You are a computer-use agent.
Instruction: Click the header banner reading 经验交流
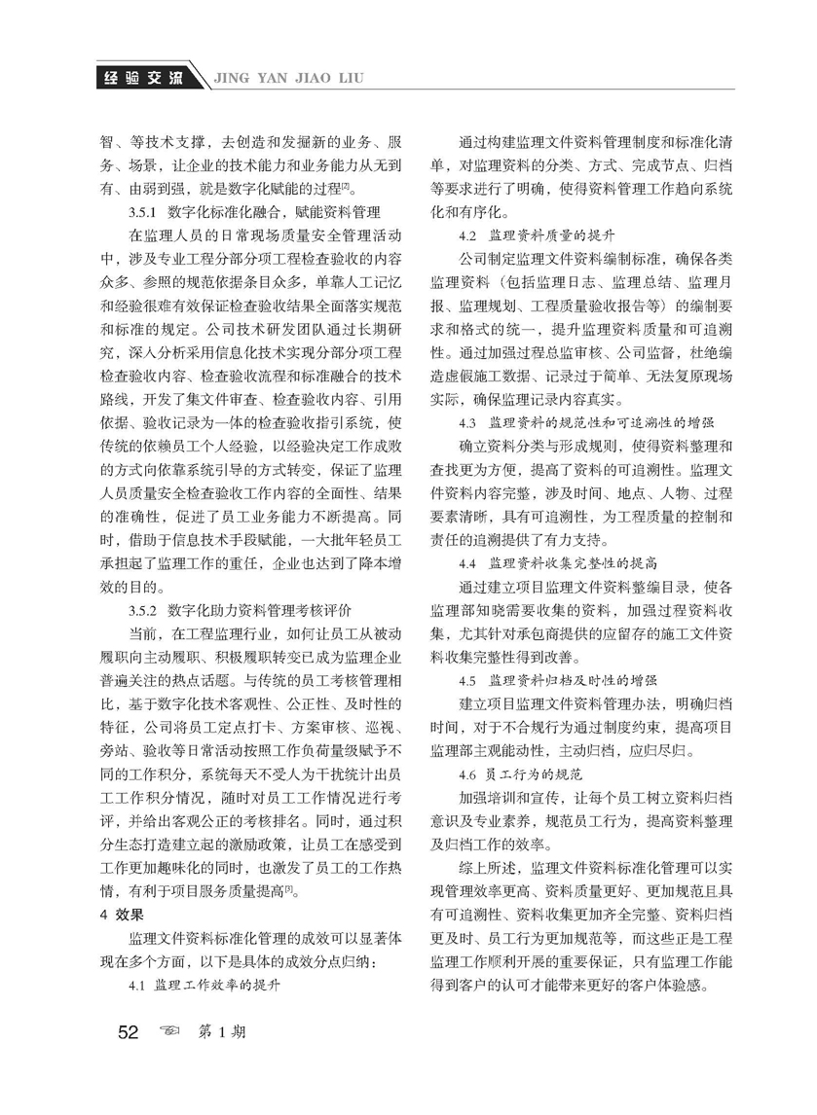141,77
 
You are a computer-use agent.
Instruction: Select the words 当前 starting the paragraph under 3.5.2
141,634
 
